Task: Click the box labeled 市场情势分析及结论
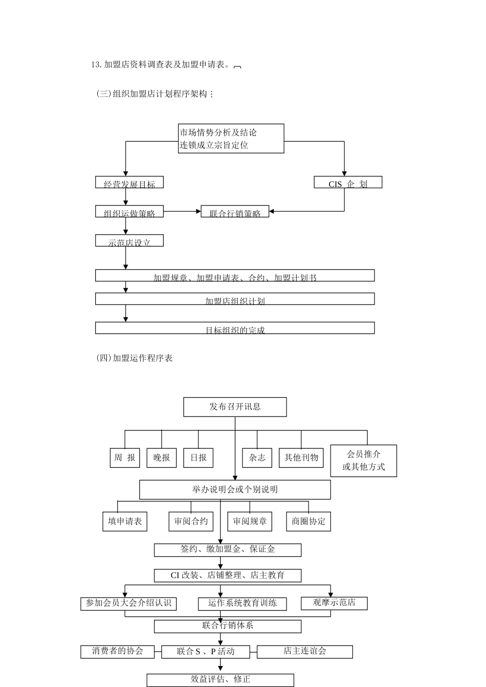pyautogui.click(x=231, y=138)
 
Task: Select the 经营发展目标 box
pyautogui.click(x=129, y=182)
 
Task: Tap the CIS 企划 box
pyautogui.click(x=348, y=182)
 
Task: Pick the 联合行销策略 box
pyautogui.click(x=235, y=212)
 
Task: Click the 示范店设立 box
pyautogui.click(x=129, y=241)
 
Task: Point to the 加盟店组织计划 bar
pyautogui.click(x=235, y=299)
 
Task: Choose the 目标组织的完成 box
pyautogui.click(x=235, y=328)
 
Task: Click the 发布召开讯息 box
pyautogui.click(x=235, y=407)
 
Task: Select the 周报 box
pyautogui.click(x=125, y=457)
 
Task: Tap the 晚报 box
pyautogui.click(x=162, y=457)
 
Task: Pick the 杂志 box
pyautogui.click(x=257, y=457)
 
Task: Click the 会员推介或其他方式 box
pyautogui.click(x=363, y=461)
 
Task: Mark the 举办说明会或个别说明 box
pyautogui.click(x=235, y=490)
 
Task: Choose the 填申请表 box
pyautogui.click(x=125, y=521)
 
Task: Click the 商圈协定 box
pyautogui.click(x=308, y=521)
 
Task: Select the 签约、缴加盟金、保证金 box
pyautogui.click(x=228, y=549)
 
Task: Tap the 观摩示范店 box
pyautogui.click(x=334, y=603)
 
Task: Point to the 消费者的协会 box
pyautogui.click(x=118, y=652)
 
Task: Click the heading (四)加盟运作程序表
pyautogui.click(x=135, y=358)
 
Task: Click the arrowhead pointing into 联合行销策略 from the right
pyautogui.click(x=272, y=211)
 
